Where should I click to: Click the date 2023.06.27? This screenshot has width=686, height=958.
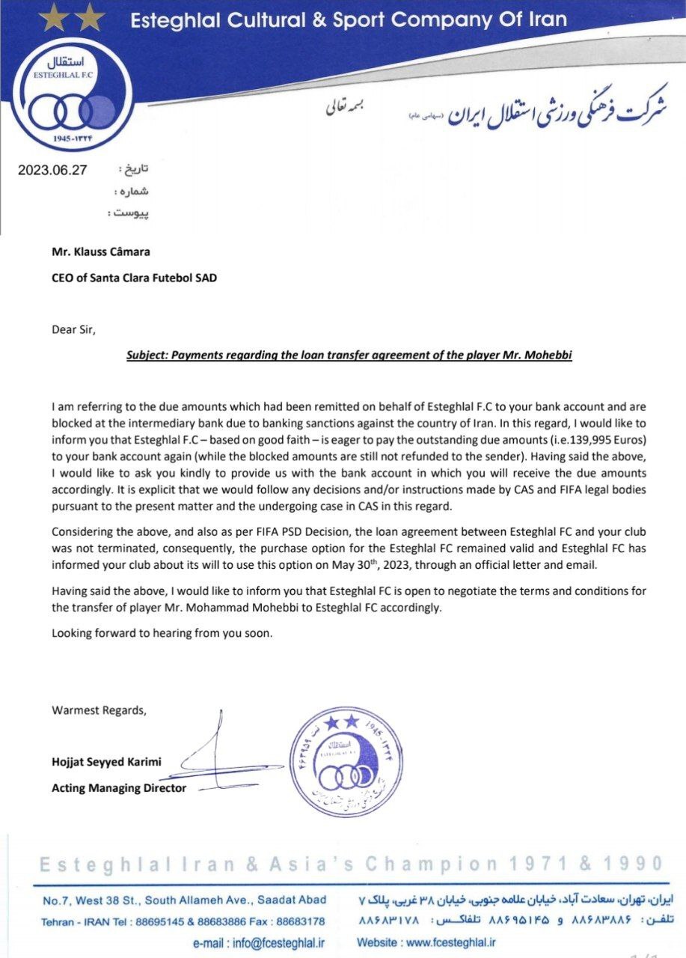(52, 170)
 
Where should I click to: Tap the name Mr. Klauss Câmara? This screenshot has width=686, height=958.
(95, 252)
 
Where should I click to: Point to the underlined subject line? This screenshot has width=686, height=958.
(349, 356)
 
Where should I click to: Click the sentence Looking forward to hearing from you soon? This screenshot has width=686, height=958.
(162, 633)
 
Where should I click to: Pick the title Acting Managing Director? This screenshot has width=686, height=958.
(119, 787)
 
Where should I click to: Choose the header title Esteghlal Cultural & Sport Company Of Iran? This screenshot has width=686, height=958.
(349, 19)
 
